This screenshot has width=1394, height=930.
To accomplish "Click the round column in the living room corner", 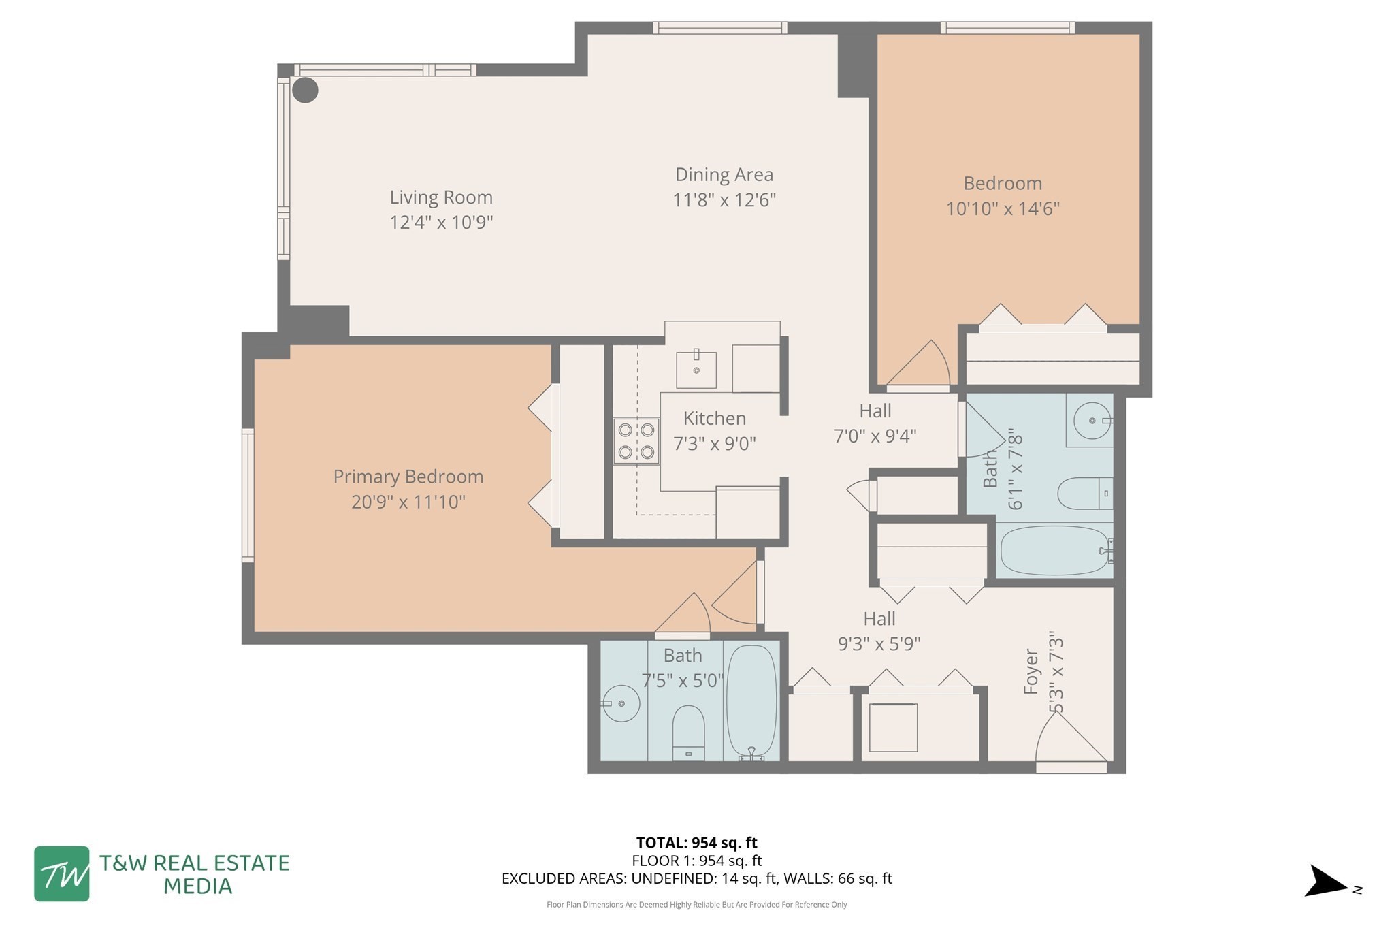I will click(305, 90).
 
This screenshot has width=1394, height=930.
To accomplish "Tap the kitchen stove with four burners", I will click(636, 440).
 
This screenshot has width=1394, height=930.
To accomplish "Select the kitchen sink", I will click(696, 370).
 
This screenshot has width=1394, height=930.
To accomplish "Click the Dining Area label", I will click(724, 175).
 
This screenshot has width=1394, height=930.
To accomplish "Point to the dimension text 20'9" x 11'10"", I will click(408, 502).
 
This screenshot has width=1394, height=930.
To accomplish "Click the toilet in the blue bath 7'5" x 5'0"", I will click(688, 733).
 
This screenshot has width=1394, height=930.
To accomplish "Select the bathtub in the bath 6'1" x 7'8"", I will click(1054, 550).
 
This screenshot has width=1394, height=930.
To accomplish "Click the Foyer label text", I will click(1031, 671).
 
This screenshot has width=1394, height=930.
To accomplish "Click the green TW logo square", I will click(62, 873).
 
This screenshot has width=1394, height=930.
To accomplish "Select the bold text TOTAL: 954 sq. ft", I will click(696, 843).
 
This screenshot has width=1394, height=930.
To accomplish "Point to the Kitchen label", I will click(714, 418).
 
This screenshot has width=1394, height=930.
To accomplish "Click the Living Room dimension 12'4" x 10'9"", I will click(441, 223).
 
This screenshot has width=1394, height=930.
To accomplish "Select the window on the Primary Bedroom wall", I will click(248, 495).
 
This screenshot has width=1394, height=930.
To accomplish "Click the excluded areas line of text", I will click(696, 878).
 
